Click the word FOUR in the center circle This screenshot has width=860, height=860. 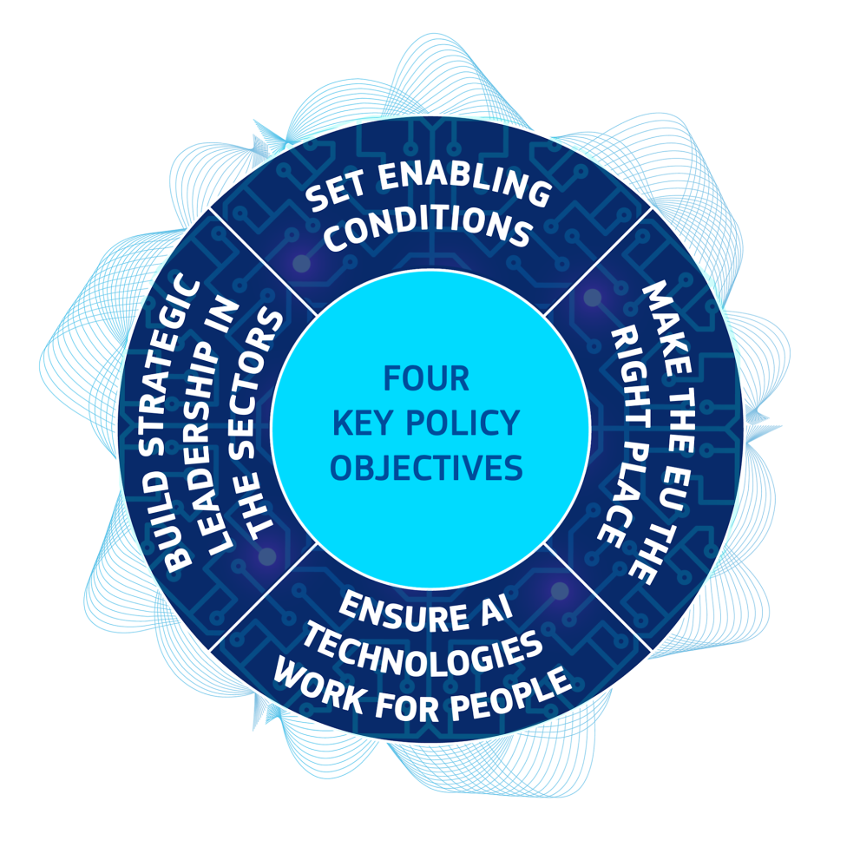426,378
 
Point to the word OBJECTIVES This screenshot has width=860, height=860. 426,469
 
